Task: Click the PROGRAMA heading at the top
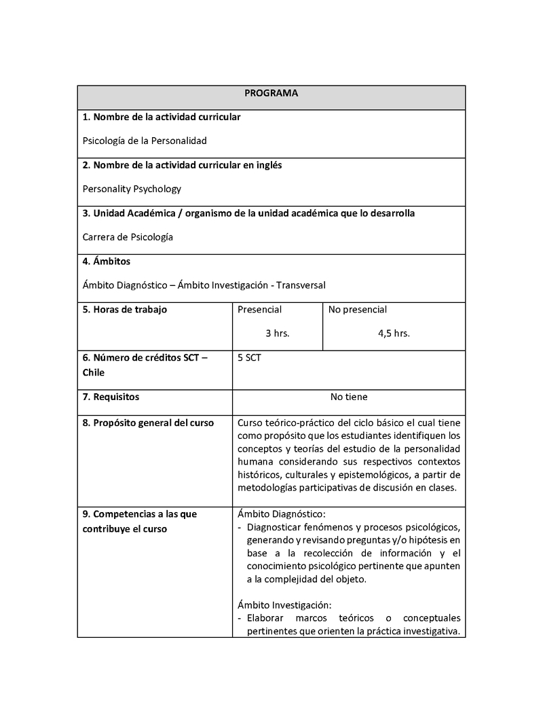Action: click(x=271, y=93)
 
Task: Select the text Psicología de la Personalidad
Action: click(x=144, y=141)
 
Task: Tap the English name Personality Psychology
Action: click(x=132, y=190)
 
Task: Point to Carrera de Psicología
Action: click(x=128, y=238)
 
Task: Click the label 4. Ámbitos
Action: click(x=107, y=262)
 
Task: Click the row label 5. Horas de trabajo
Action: click(x=125, y=310)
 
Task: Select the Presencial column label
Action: click(x=259, y=310)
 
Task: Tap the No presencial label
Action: click(x=358, y=310)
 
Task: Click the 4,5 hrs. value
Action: click(x=394, y=334)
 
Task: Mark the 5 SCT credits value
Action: click(x=249, y=358)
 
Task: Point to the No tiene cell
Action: click(x=349, y=397)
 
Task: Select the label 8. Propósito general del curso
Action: click(x=148, y=423)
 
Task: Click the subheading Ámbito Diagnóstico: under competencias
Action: click(x=282, y=514)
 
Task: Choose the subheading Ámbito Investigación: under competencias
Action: click(x=284, y=605)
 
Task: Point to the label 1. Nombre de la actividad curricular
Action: click(x=162, y=117)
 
